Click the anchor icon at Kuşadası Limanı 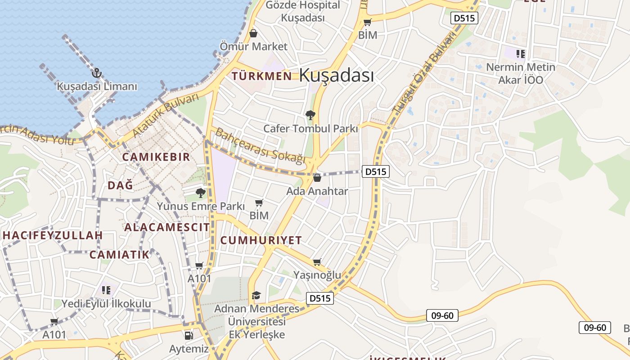pos(96,73)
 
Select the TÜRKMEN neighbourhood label pos(261,76)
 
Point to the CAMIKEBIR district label pos(156,157)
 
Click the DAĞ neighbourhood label pos(120,185)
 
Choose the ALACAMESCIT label pos(167,227)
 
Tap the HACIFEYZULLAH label pos(53,235)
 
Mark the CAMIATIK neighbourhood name pos(119,255)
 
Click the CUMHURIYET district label pos(261,240)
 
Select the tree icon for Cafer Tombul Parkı pos(310,115)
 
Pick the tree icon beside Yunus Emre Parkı pos(201,193)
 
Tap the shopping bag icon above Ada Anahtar pos(317,178)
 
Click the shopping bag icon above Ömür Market pos(253,33)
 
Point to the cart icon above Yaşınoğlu pos(317,262)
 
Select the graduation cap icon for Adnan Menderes pos(256,295)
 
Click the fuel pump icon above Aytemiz pos(189,335)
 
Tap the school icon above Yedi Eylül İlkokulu pos(106,290)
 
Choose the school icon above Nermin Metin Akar pos(521,54)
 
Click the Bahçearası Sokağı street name pos(260,146)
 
